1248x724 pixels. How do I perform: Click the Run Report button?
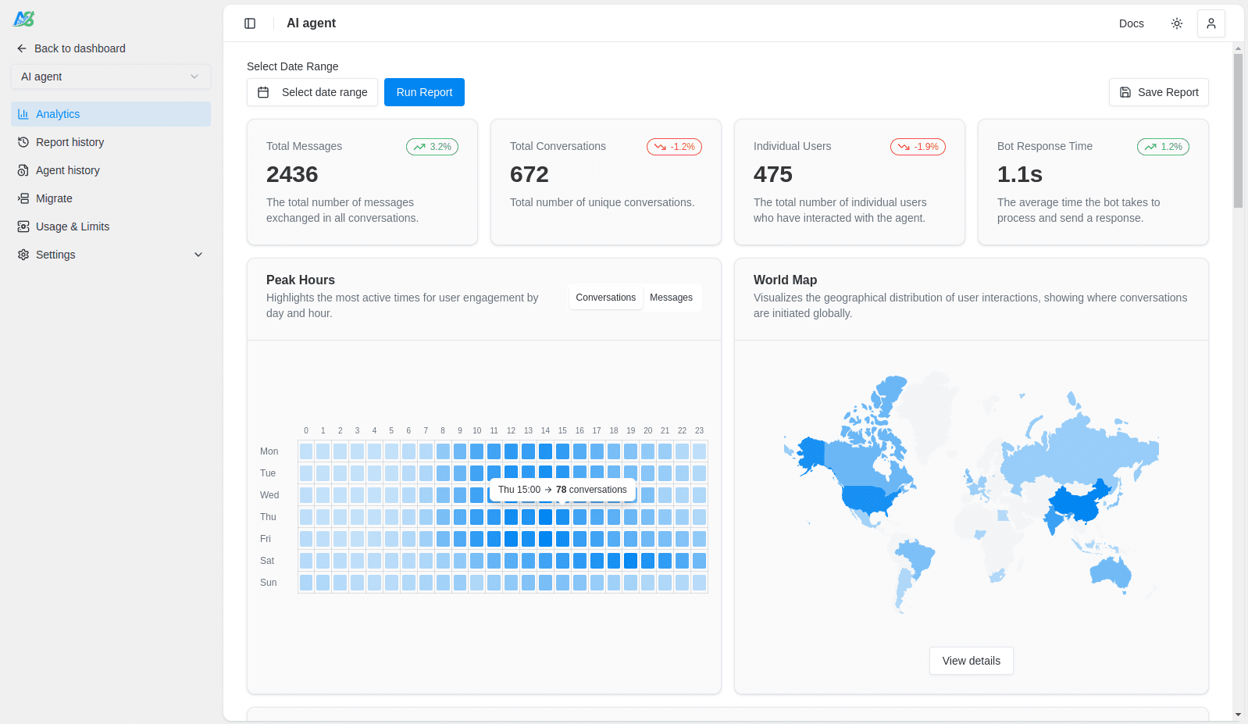[424, 92]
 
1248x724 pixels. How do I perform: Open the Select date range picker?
[312, 92]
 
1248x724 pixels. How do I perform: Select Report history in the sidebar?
[70, 142]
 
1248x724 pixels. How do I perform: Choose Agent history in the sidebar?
[67, 170]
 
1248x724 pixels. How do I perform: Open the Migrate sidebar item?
[54, 198]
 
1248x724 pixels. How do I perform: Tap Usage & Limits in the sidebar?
[72, 226]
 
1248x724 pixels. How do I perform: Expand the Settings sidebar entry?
[110, 255]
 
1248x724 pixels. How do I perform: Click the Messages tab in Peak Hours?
[671, 298]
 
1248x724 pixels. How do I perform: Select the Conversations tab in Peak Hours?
[605, 298]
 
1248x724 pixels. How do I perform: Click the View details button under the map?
[971, 661]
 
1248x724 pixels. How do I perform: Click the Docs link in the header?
[1131, 23]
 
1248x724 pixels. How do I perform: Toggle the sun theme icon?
[1176, 23]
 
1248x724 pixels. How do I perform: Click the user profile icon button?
[1211, 23]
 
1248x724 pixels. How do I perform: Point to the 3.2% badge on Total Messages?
[432, 147]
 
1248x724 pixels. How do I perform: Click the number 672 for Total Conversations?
[529, 174]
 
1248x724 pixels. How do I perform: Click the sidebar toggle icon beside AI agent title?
[250, 23]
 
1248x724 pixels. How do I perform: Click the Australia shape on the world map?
[1109, 573]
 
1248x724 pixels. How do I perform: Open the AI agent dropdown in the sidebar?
[110, 77]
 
